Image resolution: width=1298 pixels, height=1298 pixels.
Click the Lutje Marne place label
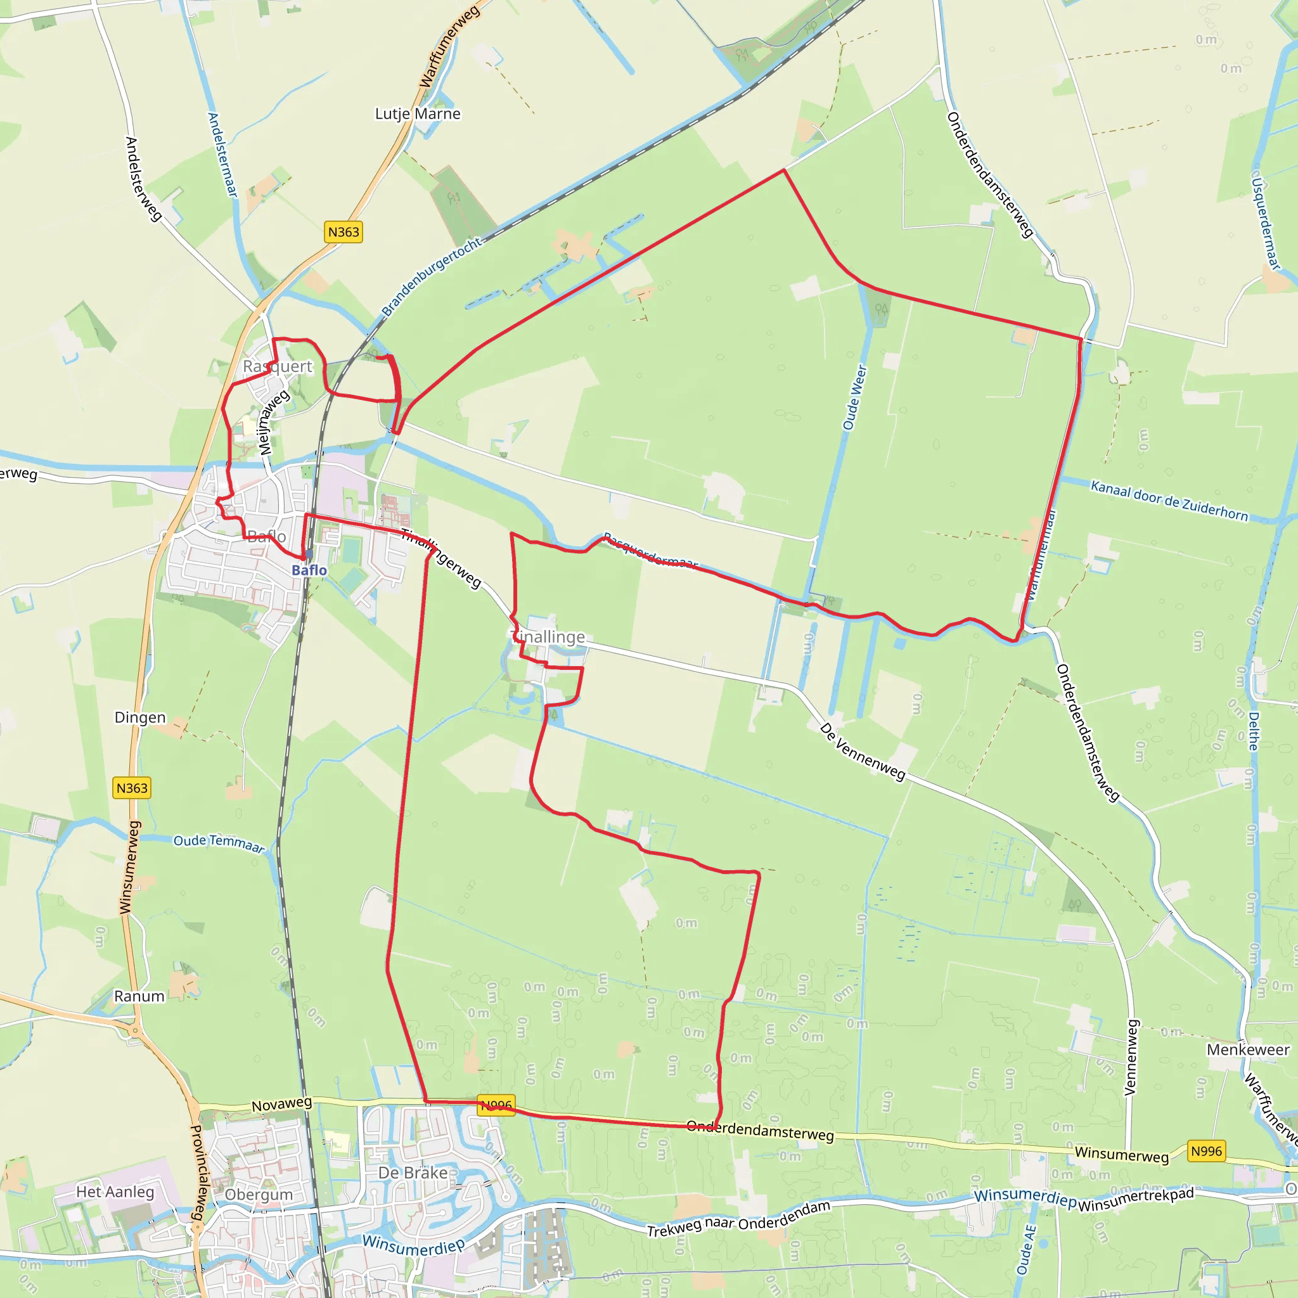[417, 113]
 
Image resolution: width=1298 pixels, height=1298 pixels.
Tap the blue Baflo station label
[309, 570]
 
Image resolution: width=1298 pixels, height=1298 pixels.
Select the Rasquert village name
[278, 366]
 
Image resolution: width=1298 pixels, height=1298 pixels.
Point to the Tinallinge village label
[549, 636]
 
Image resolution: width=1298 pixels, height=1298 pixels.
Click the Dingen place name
[139, 717]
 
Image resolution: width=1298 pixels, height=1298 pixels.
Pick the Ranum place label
[139, 996]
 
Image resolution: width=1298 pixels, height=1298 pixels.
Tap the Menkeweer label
[1247, 1050]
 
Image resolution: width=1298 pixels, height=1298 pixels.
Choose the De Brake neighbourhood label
[413, 1173]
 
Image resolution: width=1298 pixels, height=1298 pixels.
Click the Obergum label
[259, 1194]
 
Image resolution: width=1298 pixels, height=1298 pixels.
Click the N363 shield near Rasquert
[344, 232]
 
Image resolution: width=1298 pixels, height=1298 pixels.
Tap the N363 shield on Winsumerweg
[132, 787]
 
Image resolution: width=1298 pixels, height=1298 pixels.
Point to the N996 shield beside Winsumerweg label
[1206, 1151]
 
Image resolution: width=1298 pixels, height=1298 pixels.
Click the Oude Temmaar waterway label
[219, 843]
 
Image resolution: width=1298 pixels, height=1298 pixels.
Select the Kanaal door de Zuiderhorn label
[1169, 501]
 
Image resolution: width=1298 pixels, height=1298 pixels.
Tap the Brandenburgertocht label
[432, 276]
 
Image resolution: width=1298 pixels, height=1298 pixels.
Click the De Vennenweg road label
[863, 752]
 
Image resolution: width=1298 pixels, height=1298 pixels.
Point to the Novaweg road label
[281, 1104]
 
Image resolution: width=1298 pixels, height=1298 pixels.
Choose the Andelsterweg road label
[143, 179]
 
